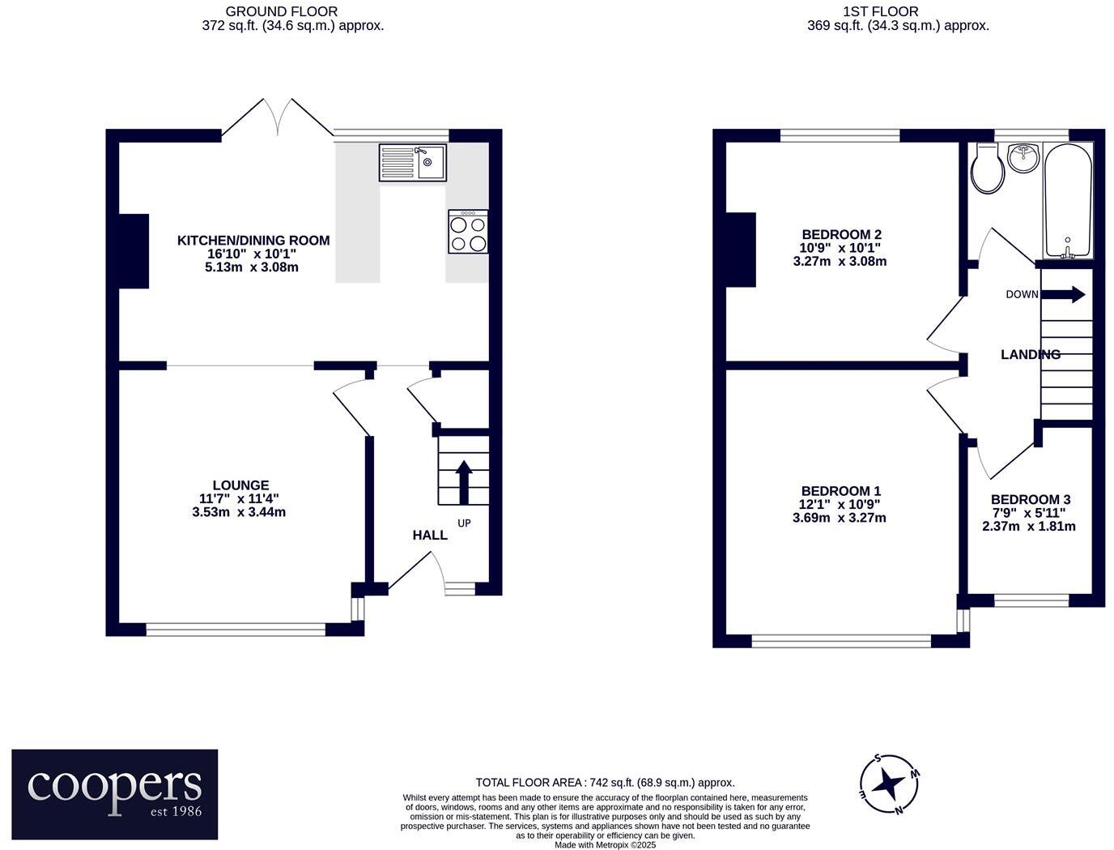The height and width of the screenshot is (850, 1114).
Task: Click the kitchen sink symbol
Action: tap(411, 162)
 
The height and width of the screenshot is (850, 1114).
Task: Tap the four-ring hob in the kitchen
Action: tap(468, 233)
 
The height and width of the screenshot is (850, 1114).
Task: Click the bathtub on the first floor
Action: tap(1068, 200)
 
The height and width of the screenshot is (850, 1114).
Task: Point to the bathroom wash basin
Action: tap(1024, 156)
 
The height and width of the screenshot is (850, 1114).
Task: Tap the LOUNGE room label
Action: tap(240, 486)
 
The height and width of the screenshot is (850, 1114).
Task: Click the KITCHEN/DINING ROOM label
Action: tap(253, 241)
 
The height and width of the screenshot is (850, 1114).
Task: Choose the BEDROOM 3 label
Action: tap(1030, 500)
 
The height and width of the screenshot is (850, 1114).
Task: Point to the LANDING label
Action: tap(1030, 355)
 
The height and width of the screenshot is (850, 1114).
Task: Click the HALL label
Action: tap(430, 535)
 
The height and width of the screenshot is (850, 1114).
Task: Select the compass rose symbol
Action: tap(889, 784)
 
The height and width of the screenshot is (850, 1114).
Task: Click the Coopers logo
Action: tap(114, 794)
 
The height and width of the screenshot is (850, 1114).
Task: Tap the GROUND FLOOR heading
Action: tap(281, 11)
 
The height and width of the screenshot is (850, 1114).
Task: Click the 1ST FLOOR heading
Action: tap(880, 11)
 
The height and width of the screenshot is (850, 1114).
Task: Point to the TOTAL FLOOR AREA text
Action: tap(605, 783)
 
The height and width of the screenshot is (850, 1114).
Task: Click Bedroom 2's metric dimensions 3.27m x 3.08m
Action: tap(840, 262)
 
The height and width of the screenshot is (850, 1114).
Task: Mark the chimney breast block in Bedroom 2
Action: tap(741, 250)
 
